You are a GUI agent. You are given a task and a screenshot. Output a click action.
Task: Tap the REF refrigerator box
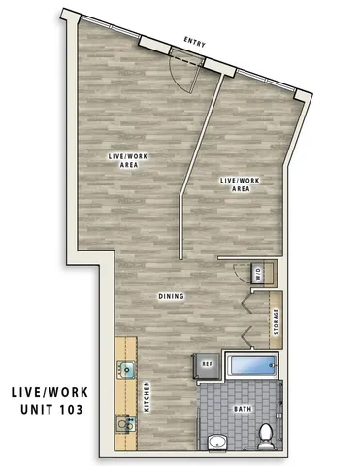(x=207, y=366)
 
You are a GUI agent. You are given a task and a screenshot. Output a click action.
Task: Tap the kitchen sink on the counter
(x=126, y=368)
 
